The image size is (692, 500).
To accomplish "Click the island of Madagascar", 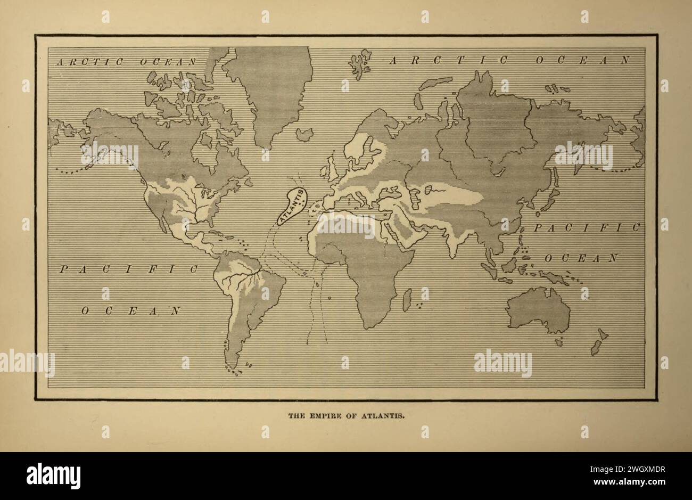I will pos(408,299).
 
